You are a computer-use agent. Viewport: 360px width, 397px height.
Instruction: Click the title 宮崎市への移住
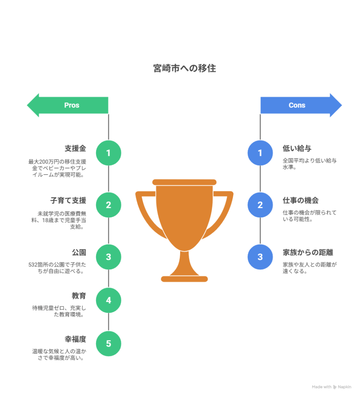(184, 69)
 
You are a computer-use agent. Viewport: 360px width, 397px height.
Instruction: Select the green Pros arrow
(68, 105)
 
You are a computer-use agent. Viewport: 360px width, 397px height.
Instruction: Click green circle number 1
(109, 153)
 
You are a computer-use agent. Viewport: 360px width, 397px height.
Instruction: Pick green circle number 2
(109, 205)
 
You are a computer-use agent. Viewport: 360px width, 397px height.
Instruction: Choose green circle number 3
(109, 257)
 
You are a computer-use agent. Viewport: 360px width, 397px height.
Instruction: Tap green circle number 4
(109, 300)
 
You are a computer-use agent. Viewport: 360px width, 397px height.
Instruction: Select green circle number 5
(109, 343)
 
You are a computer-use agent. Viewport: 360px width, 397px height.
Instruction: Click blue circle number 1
(260, 153)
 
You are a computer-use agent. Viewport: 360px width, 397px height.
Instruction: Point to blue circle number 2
(260, 205)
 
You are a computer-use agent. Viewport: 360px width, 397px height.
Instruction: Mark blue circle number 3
(260, 257)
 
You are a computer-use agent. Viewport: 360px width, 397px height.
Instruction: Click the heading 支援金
(75, 148)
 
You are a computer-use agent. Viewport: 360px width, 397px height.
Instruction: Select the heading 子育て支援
(68, 200)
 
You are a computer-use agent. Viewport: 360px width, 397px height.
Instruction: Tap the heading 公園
(79, 252)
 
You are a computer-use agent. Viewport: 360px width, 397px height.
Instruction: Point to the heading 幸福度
(75, 339)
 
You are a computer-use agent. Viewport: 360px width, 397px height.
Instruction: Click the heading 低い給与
(297, 148)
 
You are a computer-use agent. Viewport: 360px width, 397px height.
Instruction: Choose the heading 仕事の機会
(301, 200)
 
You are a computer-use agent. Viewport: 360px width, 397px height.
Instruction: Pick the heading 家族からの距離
(308, 252)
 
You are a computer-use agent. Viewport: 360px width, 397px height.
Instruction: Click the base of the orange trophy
(184, 278)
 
